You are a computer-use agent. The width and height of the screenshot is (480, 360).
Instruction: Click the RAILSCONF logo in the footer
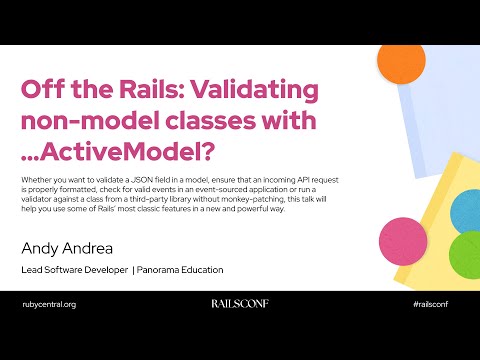[240, 303]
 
